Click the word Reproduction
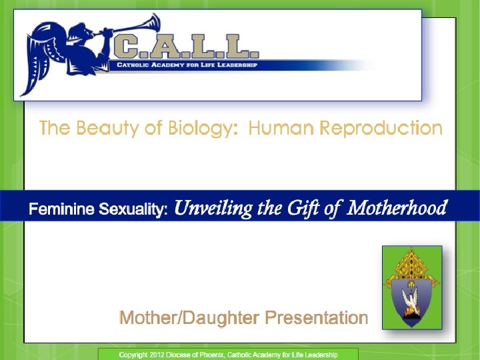point(379,128)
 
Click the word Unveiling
point(213,209)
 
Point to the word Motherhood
point(397,209)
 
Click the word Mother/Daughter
point(189,318)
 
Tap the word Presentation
point(316,318)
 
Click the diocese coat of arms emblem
point(411,287)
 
